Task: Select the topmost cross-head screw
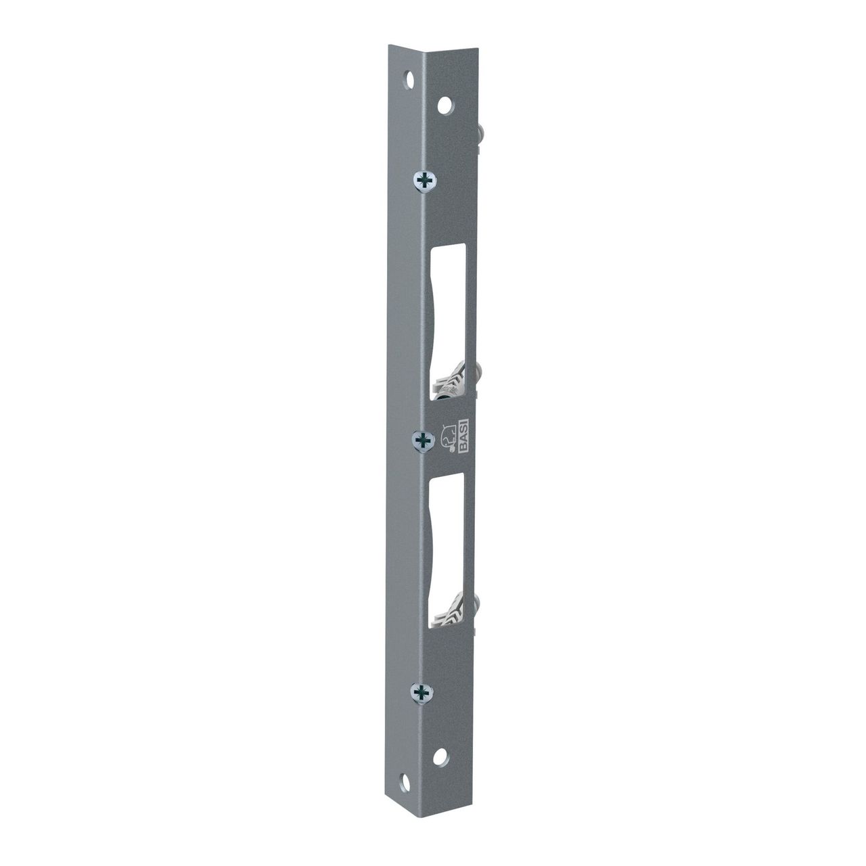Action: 424,181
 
